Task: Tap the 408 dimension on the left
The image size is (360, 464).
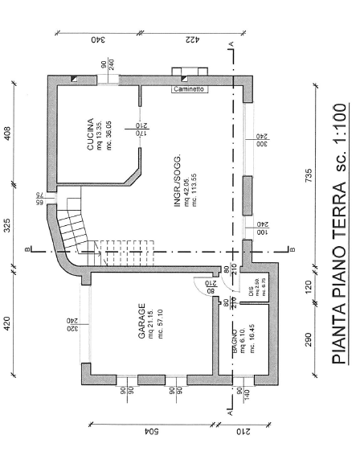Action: pyautogui.click(x=10, y=133)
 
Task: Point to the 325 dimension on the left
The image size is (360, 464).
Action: pyautogui.click(x=10, y=227)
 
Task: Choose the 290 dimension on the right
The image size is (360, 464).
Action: pyautogui.click(x=309, y=339)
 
